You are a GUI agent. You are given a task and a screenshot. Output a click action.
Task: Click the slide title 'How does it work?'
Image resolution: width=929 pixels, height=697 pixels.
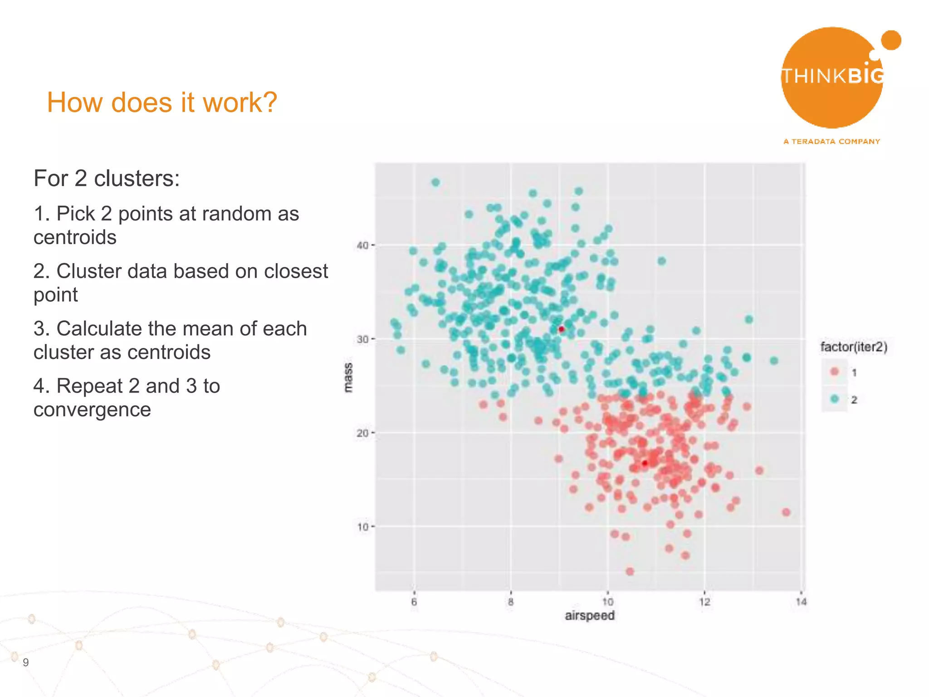[162, 103]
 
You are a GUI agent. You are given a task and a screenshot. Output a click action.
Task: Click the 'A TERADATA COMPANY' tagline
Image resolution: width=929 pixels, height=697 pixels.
[831, 142]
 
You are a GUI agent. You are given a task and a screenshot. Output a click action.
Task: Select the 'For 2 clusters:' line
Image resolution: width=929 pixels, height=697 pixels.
[107, 178]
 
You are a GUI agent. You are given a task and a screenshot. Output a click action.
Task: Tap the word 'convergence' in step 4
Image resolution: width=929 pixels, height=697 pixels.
[92, 410]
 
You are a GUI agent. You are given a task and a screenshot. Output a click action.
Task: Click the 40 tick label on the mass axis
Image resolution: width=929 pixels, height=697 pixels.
[362, 245]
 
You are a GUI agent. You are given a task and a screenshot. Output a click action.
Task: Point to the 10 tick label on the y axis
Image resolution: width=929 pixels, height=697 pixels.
[362, 527]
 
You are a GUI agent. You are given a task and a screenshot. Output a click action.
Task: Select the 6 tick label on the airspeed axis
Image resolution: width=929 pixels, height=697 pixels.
[414, 602]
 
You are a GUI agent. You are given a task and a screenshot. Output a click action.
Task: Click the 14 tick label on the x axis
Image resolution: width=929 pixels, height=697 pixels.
[801, 602]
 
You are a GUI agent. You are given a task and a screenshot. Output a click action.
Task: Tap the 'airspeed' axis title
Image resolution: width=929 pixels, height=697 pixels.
[589, 616]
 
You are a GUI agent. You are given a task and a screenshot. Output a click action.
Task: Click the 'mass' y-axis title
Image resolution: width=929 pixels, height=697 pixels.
[348, 377]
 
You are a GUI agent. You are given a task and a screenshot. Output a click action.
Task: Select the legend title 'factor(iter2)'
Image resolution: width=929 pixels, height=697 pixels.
[854, 347]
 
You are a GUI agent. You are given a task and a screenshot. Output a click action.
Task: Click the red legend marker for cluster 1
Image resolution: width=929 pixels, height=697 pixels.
[834, 372]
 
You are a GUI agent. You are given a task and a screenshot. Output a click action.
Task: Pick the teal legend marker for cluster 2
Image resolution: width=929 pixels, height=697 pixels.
[834, 399]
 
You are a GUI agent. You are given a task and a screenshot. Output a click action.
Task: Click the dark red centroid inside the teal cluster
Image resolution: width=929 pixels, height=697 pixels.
[561, 329]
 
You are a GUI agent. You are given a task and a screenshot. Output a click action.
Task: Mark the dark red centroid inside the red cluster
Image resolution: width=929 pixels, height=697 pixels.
[645, 463]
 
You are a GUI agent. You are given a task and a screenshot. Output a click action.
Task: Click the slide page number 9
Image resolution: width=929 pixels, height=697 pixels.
[26, 662]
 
